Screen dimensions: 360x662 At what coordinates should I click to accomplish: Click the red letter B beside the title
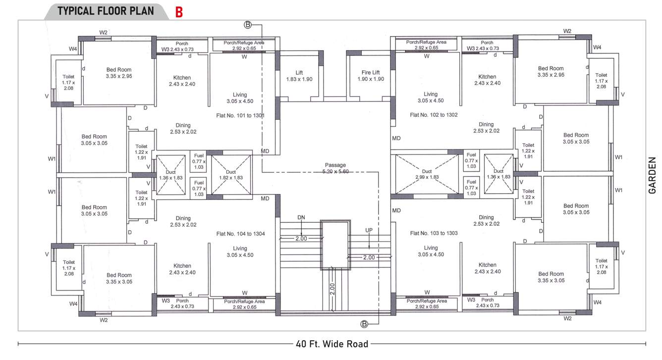tap(179, 12)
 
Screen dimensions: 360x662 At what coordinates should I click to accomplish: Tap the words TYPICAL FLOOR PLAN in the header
tap(106, 11)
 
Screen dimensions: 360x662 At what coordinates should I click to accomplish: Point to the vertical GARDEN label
tap(653, 175)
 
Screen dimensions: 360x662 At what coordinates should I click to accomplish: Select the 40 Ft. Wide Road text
tap(332, 344)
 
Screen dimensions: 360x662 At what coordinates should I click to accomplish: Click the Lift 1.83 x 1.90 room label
tap(299, 76)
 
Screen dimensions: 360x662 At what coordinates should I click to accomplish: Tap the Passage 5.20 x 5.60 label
tap(335, 168)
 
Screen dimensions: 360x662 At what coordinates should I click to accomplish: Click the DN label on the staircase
tap(301, 217)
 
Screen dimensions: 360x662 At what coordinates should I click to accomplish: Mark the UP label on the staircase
tap(369, 230)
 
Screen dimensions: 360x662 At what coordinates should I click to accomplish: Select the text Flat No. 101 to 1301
tap(240, 115)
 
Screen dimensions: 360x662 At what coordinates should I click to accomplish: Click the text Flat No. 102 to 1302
tap(434, 114)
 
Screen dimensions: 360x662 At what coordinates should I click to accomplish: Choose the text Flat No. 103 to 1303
tap(434, 233)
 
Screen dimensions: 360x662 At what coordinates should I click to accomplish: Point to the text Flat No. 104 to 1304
tap(240, 233)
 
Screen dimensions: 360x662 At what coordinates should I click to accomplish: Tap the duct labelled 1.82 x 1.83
tap(231, 174)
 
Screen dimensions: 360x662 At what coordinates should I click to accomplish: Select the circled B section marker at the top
tap(248, 24)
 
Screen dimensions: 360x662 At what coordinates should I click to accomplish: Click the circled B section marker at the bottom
tap(364, 324)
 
